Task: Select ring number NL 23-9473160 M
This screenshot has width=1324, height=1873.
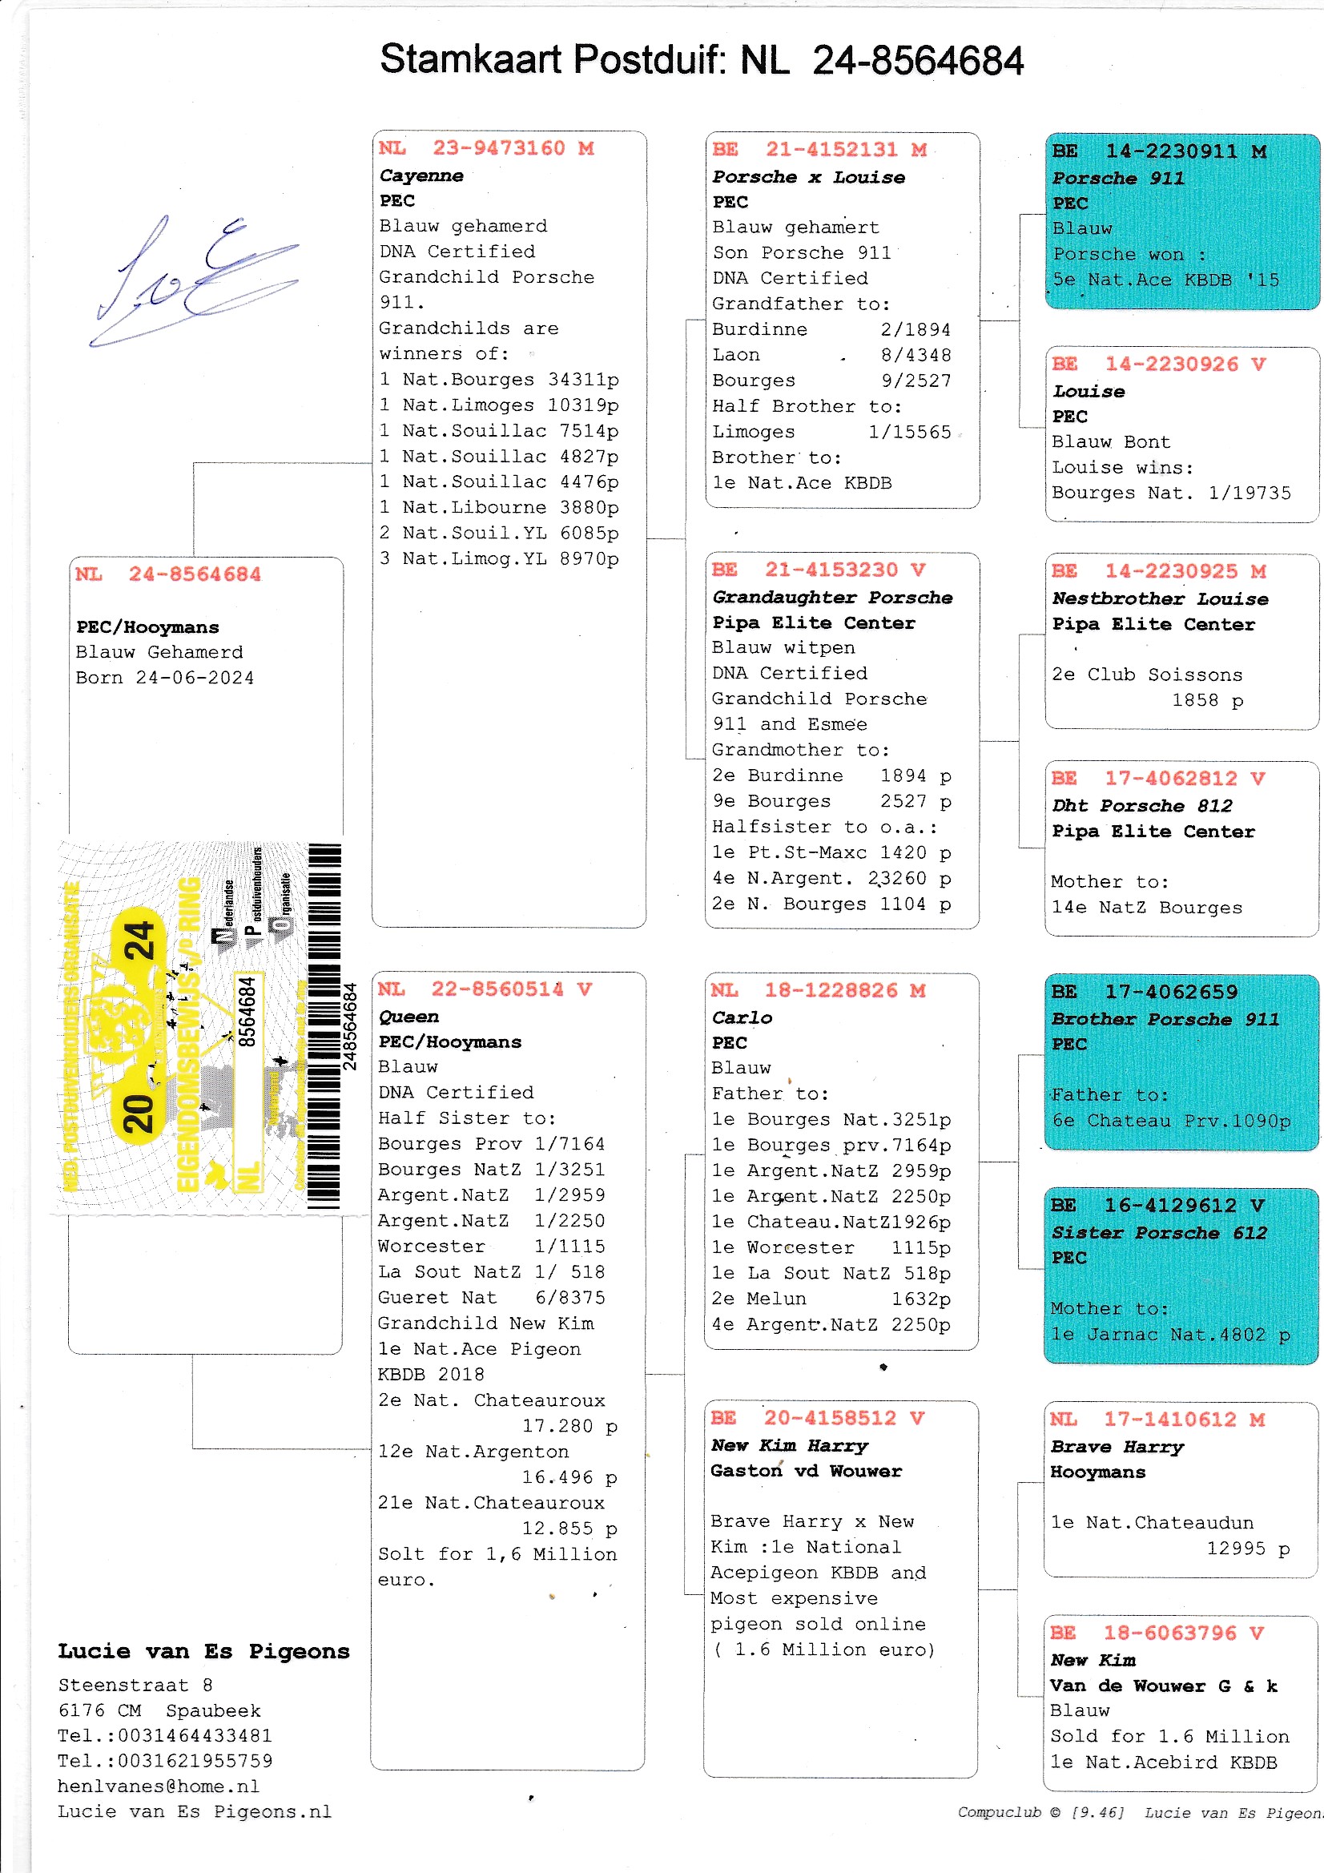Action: click(x=486, y=148)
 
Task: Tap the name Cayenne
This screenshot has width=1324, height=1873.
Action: click(x=421, y=175)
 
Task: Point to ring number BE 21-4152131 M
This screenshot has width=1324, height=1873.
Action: click(x=819, y=150)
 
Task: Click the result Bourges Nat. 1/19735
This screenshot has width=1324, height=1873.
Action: click(x=1171, y=493)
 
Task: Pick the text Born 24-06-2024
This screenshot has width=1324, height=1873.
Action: click(x=165, y=678)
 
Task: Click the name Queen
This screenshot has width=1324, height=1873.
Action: click(x=408, y=1017)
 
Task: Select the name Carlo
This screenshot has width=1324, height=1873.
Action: click(x=742, y=1017)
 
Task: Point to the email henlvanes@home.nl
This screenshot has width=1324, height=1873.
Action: click(x=159, y=1786)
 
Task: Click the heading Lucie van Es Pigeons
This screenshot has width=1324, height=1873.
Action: click(x=203, y=1651)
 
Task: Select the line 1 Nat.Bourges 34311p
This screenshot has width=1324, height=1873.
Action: click(x=498, y=380)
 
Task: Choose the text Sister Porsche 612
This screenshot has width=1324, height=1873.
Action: click(x=1158, y=1232)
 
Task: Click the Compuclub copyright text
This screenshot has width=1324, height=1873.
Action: click(x=1040, y=1812)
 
